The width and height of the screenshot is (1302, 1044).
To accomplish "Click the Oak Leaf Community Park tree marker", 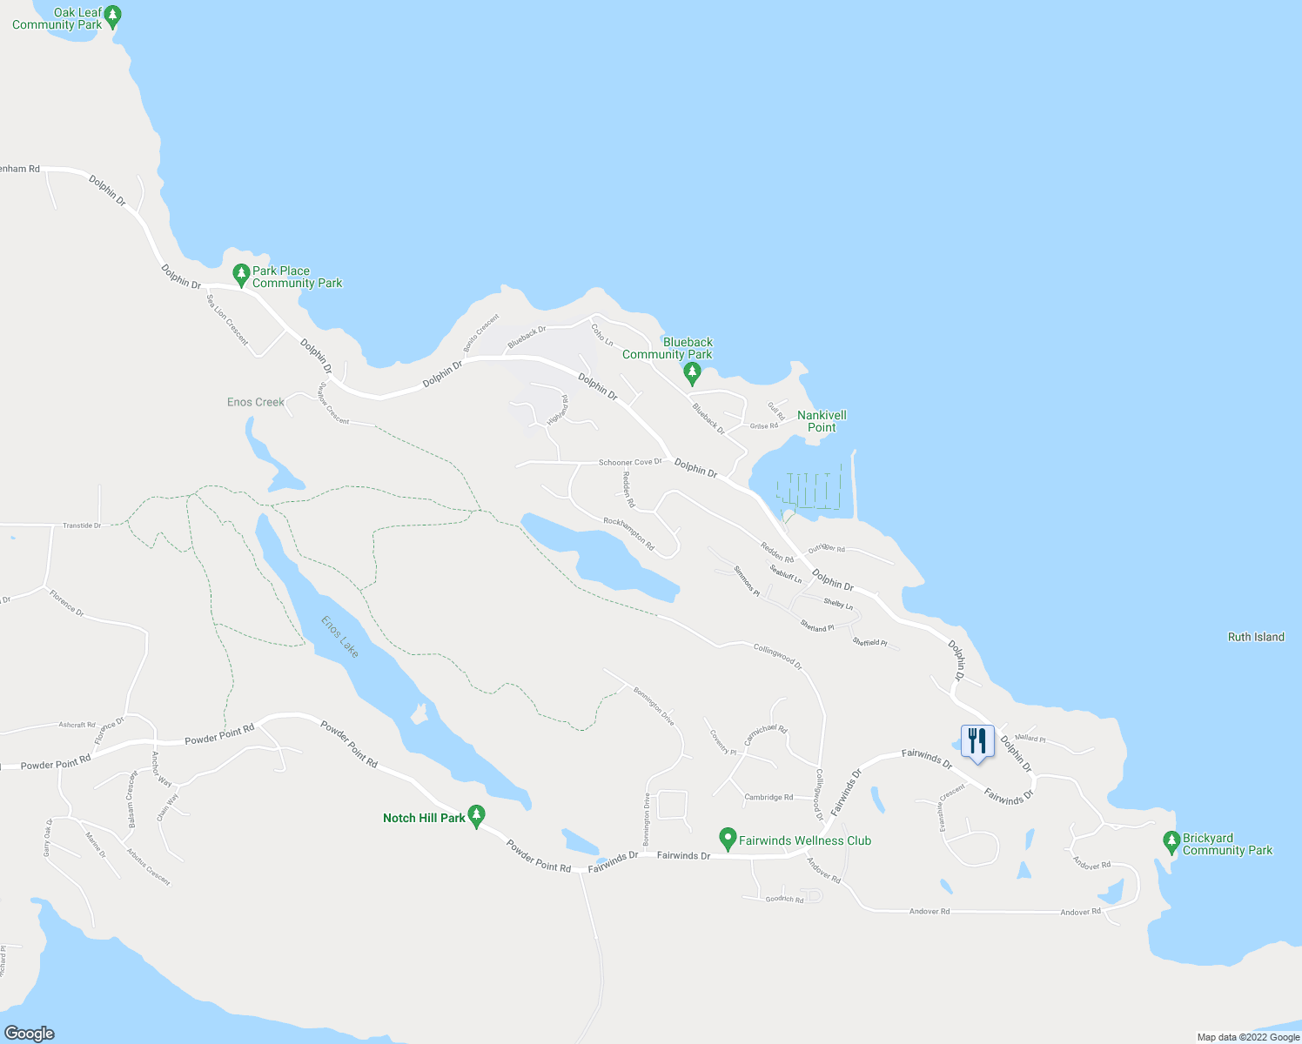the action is (112, 16).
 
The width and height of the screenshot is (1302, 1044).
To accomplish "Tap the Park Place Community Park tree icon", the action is (242, 275).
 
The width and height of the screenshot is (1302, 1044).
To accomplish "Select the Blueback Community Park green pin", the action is (692, 373).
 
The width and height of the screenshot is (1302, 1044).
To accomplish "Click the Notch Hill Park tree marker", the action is (476, 816).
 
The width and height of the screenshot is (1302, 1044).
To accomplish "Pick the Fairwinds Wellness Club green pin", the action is (728, 839).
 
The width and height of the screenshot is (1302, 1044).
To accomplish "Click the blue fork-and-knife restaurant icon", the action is (977, 742).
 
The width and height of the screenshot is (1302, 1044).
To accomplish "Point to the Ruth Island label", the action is (1256, 637).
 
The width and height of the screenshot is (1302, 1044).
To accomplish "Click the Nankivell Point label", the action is (822, 421).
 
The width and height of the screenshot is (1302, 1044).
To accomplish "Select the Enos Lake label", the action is (339, 637).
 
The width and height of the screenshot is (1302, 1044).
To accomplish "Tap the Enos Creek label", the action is (256, 402).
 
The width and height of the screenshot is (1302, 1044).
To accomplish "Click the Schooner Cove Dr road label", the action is (630, 462).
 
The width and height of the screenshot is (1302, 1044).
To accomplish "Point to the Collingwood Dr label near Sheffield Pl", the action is (777, 654).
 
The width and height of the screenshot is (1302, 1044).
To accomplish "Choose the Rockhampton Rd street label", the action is (628, 533).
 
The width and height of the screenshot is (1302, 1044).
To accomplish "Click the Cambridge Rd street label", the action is (768, 797).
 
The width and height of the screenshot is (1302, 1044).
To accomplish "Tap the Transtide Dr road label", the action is (82, 525).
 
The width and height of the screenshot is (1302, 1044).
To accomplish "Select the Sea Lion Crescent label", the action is (226, 319).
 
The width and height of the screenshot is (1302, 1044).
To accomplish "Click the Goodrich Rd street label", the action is (784, 900).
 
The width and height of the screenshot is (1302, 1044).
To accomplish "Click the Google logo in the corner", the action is (29, 1033).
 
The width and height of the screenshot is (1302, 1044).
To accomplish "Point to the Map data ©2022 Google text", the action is (1247, 1037).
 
